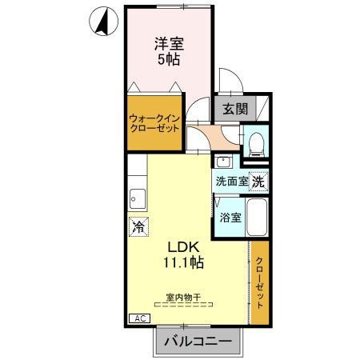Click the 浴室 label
[230, 217]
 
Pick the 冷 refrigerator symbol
[138, 226]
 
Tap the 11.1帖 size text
[183, 262]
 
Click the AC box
[139, 318]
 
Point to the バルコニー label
[197, 342]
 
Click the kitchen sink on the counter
[138, 198]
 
